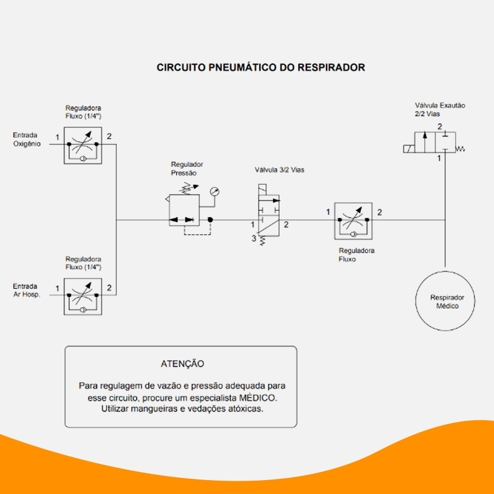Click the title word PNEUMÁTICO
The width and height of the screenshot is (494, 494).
coord(242,67)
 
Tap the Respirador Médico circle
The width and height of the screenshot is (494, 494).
coord(445,271)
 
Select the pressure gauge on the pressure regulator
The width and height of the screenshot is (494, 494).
coord(214,192)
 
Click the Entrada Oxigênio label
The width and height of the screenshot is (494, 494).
coord(27,139)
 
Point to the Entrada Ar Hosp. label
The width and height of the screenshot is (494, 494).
coord(27,290)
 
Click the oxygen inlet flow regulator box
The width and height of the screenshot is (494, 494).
coord(83,145)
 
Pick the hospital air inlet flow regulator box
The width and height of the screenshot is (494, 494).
coord(83,296)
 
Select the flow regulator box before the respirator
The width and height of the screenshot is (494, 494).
coord(353,221)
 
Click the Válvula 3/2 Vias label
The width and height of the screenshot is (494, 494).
coord(280,170)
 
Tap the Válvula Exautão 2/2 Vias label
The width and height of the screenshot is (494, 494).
coord(440,109)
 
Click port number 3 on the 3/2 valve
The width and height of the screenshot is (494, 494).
coord(253,238)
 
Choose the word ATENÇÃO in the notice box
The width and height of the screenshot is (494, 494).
coord(182,364)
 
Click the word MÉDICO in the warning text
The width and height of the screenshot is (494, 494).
coord(257,398)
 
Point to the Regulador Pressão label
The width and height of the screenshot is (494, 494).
coord(187,169)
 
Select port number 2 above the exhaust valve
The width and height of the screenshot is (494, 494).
coord(440,127)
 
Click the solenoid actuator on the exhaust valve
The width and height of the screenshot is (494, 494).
coord(409,149)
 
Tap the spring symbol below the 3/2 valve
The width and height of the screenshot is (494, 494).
coord(262,241)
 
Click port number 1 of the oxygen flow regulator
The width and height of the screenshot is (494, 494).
coord(58,137)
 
